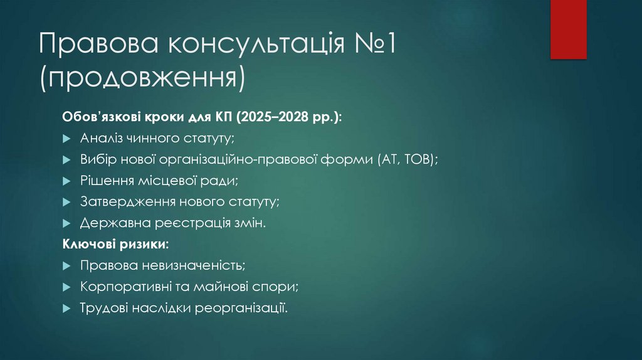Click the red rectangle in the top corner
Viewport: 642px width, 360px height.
point(568,29)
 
